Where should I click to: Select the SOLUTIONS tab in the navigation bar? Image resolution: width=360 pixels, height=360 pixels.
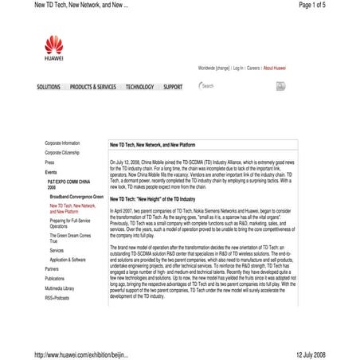[x=49, y=87]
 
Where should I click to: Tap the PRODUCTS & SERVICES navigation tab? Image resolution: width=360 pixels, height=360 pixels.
[x=92, y=87]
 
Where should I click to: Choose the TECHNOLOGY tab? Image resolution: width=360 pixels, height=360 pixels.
[x=139, y=87]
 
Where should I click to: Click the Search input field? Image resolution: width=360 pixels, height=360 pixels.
[x=231, y=86]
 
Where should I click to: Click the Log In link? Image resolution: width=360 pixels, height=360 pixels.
[x=238, y=68]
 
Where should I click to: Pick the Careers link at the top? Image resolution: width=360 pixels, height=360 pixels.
[x=253, y=68]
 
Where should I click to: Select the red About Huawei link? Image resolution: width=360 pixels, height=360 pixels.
[x=275, y=68]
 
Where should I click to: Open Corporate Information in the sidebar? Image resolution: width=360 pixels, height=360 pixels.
[x=62, y=143]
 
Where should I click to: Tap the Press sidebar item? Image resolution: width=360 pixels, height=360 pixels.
[x=49, y=162]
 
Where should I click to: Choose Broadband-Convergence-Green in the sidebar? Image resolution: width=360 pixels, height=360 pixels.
[x=76, y=196]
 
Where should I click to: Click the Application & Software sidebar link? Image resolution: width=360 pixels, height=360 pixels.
[x=68, y=260]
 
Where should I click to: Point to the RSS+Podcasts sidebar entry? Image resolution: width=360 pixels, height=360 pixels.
[x=57, y=297]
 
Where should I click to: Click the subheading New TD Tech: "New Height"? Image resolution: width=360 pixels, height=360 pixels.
[x=152, y=198]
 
